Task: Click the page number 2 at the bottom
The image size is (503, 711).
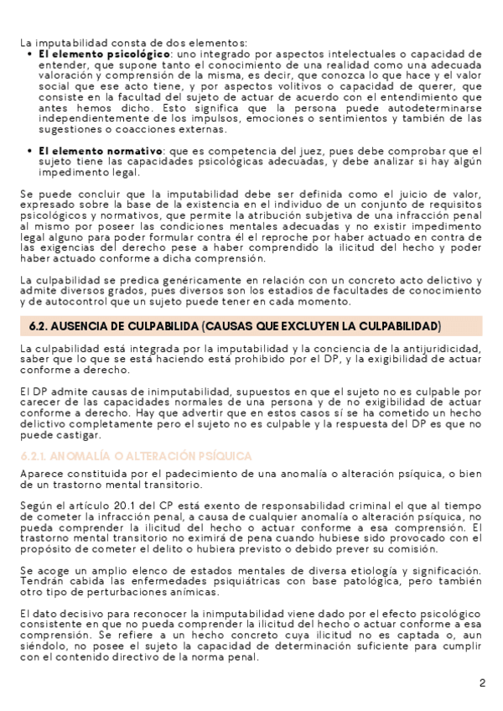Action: click(482, 682)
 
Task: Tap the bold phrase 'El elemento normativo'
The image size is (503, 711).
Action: click(80, 150)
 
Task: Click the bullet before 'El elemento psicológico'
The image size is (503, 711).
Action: click(30, 54)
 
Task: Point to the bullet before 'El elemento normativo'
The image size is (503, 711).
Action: click(30, 150)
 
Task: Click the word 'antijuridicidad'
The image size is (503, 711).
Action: click(438, 348)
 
